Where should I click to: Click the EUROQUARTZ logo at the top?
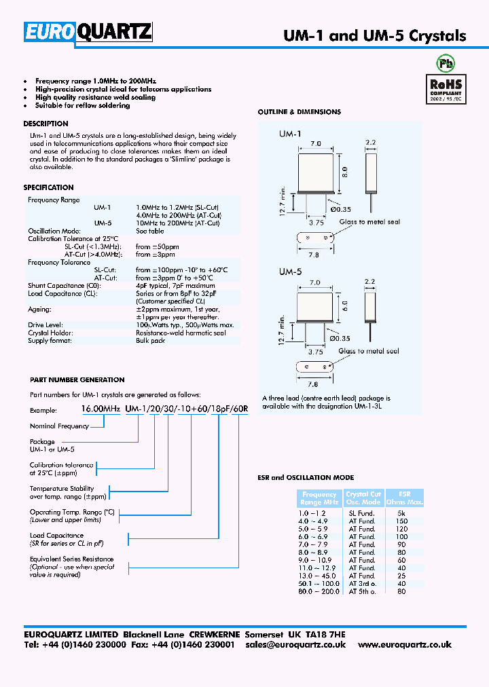pos(88,33)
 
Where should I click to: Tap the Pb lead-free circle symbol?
pos(446,64)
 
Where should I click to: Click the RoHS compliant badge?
pos(446,88)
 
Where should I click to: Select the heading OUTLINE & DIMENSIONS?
pos(299,112)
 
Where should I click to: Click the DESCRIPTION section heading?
pos(46,124)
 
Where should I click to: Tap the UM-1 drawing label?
pos(289,134)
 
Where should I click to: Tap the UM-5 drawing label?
pos(289,271)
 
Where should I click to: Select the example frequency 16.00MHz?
pos(101,409)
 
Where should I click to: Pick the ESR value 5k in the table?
pos(401,513)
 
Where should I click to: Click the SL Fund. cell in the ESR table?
pos(362,513)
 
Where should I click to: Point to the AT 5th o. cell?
pos(362,591)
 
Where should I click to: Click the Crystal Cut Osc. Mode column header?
pos(363,498)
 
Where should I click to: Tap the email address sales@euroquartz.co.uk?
pos(295,645)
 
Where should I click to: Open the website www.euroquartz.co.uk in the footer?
pos(404,645)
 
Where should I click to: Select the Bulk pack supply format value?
pos(150,341)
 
